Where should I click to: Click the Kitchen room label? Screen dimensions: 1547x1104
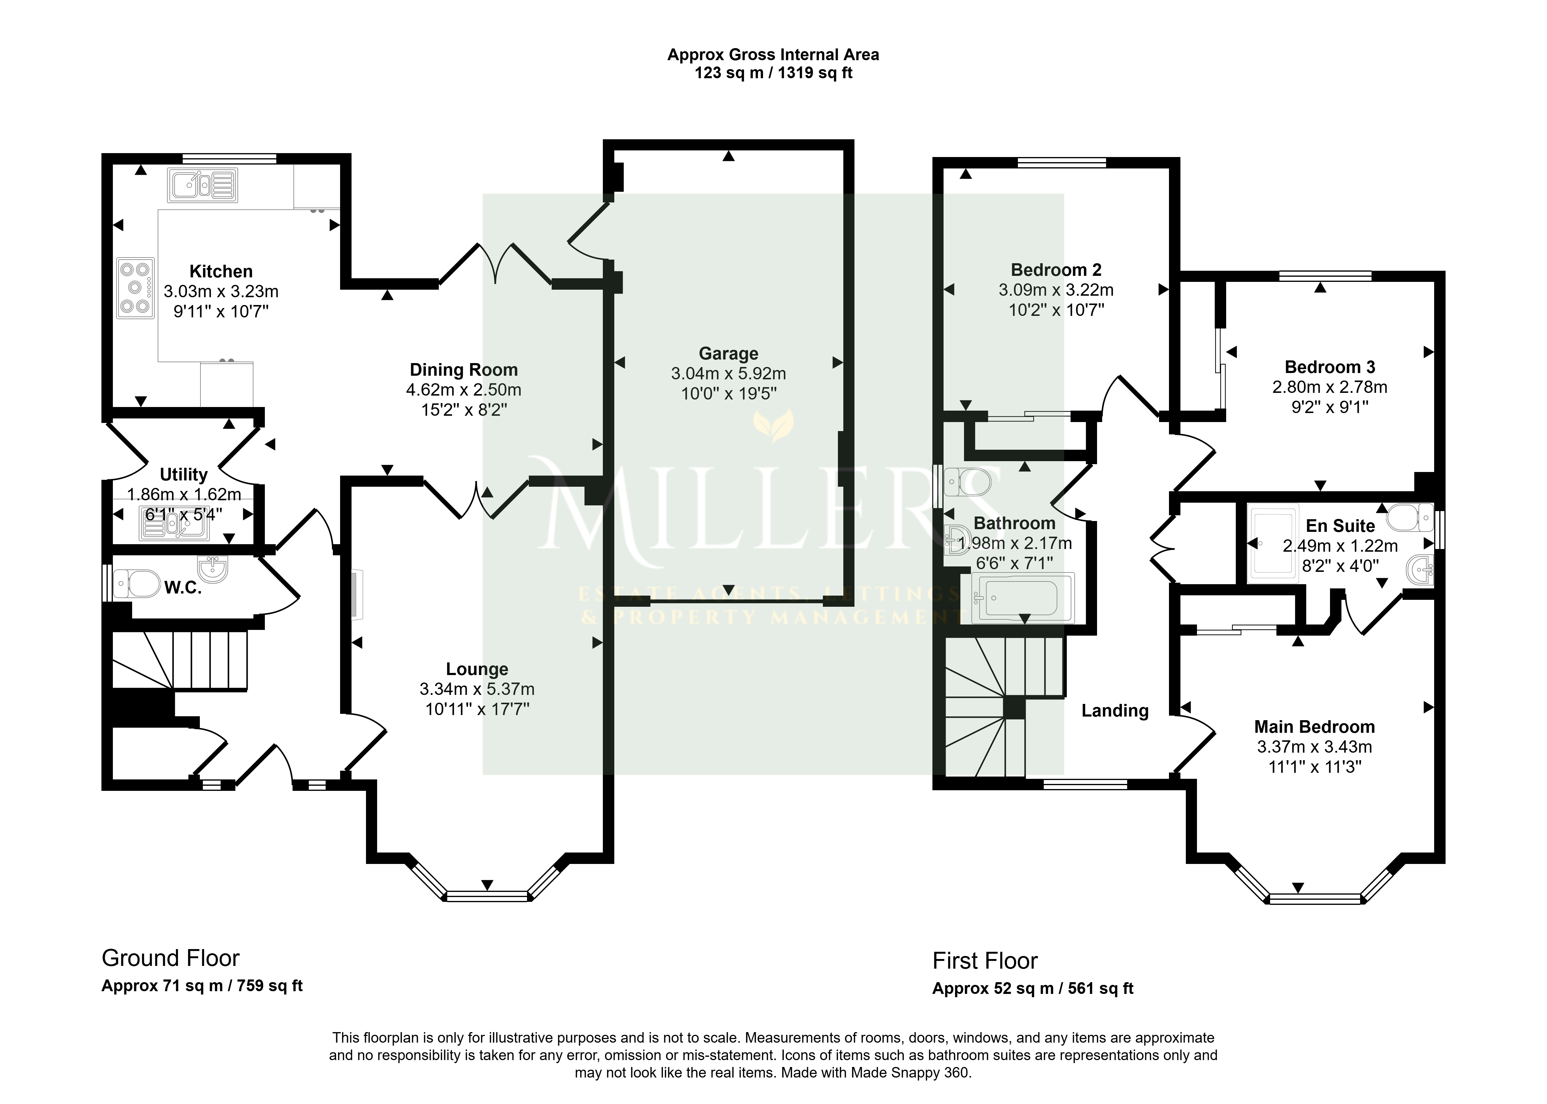pyautogui.click(x=221, y=271)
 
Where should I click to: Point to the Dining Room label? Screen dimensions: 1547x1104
pyautogui.click(x=464, y=370)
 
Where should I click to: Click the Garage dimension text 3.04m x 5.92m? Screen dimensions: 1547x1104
pyautogui.click(x=728, y=373)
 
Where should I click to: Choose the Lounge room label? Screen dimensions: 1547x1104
pyautogui.click(x=477, y=669)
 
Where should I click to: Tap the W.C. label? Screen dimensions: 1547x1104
pyautogui.click(x=183, y=588)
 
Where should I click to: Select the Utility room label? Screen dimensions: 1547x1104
pyautogui.click(x=184, y=474)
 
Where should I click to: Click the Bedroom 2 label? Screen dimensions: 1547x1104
pyautogui.click(x=1056, y=270)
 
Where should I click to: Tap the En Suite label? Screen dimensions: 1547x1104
pyautogui.click(x=1340, y=526)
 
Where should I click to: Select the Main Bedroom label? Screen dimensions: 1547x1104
pyautogui.click(x=1314, y=727)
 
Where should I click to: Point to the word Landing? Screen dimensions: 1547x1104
pyautogui.click(x=1115, y=711)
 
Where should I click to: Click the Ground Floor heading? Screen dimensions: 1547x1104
pyautogui.click(x=171, y=958)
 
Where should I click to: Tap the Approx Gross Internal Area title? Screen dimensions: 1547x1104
pyautogui.click(x=773, y=54)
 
